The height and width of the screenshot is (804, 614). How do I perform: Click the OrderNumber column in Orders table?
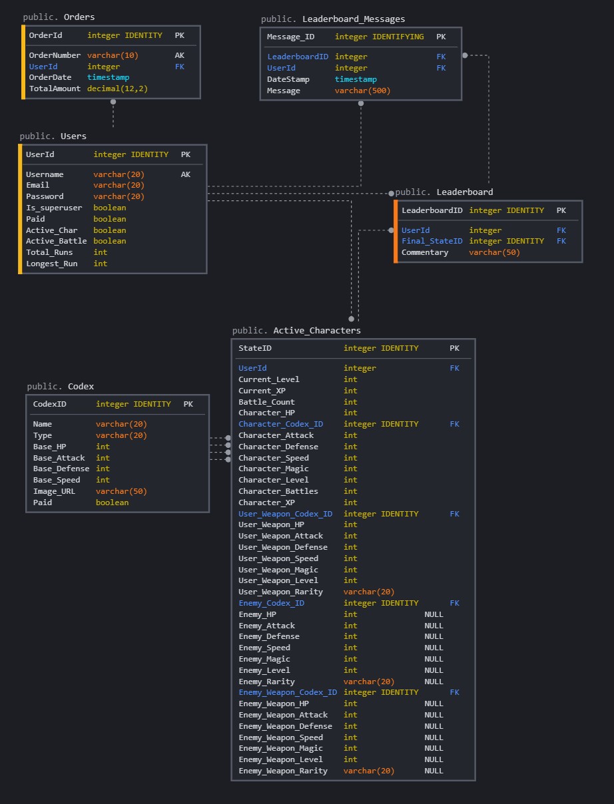tap(55, 55)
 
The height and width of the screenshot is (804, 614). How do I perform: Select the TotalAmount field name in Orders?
tap(55, 89)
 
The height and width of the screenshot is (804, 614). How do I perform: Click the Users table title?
tap(73, 136)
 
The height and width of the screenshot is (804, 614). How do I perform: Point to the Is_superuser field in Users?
tap(54, 208)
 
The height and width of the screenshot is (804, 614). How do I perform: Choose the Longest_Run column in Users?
tap(51, 264)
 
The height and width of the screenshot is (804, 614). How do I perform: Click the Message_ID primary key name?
tap(290, 37)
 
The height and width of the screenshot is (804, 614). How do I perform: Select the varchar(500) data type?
tap(362, 91)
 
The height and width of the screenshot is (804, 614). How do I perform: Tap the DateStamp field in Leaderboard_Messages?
tap(288, 79)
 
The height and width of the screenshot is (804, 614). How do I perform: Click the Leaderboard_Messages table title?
tap(353, 19)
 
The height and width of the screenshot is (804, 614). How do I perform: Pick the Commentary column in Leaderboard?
tap(425, 252)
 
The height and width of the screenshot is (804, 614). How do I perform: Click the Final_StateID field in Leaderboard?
tap(432, 241)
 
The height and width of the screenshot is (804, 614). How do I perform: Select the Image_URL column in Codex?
tap(54, 491)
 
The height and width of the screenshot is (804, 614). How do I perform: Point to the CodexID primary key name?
tap(50, 404)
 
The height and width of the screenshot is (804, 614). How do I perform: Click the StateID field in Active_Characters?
tap(255, 348)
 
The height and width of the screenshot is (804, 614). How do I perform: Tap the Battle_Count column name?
tap(266, 402)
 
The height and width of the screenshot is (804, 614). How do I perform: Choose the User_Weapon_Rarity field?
tap(280, 592)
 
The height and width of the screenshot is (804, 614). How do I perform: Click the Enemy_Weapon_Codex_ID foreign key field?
tap(287, 692)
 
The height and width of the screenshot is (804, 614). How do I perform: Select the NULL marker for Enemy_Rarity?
tap(434, 682)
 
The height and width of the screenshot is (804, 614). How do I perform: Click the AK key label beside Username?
tap(185, 174)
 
